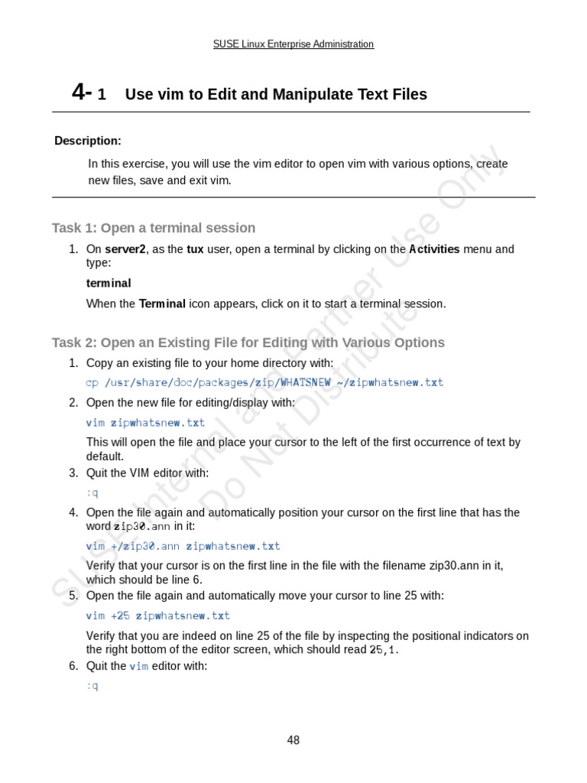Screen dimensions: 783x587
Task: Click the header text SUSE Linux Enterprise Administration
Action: [x=293, y=44]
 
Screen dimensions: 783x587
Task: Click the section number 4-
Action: [x=82, y=93]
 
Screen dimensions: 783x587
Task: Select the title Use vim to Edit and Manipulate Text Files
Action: [x=276, y=94]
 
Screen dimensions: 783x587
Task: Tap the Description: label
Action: [x=88, y=141]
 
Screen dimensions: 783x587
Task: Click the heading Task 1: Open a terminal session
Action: [x=154, y=228]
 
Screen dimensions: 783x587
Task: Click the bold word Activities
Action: [x=434, y=249]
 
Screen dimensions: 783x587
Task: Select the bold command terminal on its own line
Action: [x=109, y=283]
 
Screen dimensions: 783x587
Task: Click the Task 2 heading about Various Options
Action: [x=248, y=343]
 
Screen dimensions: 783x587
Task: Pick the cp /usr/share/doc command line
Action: [x=264, y=382]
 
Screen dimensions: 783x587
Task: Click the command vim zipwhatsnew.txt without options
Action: [x=145, y=422]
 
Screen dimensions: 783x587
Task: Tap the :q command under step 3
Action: [x=92, y=493]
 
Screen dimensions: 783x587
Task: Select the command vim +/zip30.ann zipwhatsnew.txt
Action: [x=183, y=546]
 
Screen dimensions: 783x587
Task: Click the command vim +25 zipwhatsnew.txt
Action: [x=157, y=616]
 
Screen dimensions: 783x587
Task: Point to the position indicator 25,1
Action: [x=383, y=650]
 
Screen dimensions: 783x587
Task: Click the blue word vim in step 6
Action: [x=138, y=666]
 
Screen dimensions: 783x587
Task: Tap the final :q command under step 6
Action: [x=92, y=686]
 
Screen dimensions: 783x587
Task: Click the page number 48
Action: [x=293, y=739]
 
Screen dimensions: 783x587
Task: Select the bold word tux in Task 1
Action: [x=196, y=249]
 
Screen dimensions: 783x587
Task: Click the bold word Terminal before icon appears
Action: [x=162, y=304]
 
